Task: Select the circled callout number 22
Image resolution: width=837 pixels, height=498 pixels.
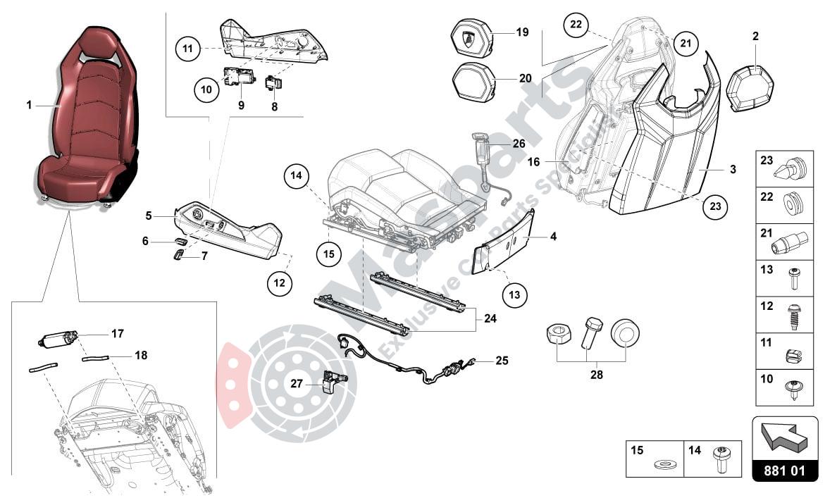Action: (576, 25)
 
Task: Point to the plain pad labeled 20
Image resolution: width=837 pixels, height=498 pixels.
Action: (473, 80)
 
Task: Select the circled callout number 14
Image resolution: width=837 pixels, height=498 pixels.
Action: (298, 176)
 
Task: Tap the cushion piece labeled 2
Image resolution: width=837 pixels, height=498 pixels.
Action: (750, 89)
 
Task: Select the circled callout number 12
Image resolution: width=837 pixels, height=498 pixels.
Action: (280, 282)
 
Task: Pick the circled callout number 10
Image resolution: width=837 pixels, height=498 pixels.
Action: (206, 89)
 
